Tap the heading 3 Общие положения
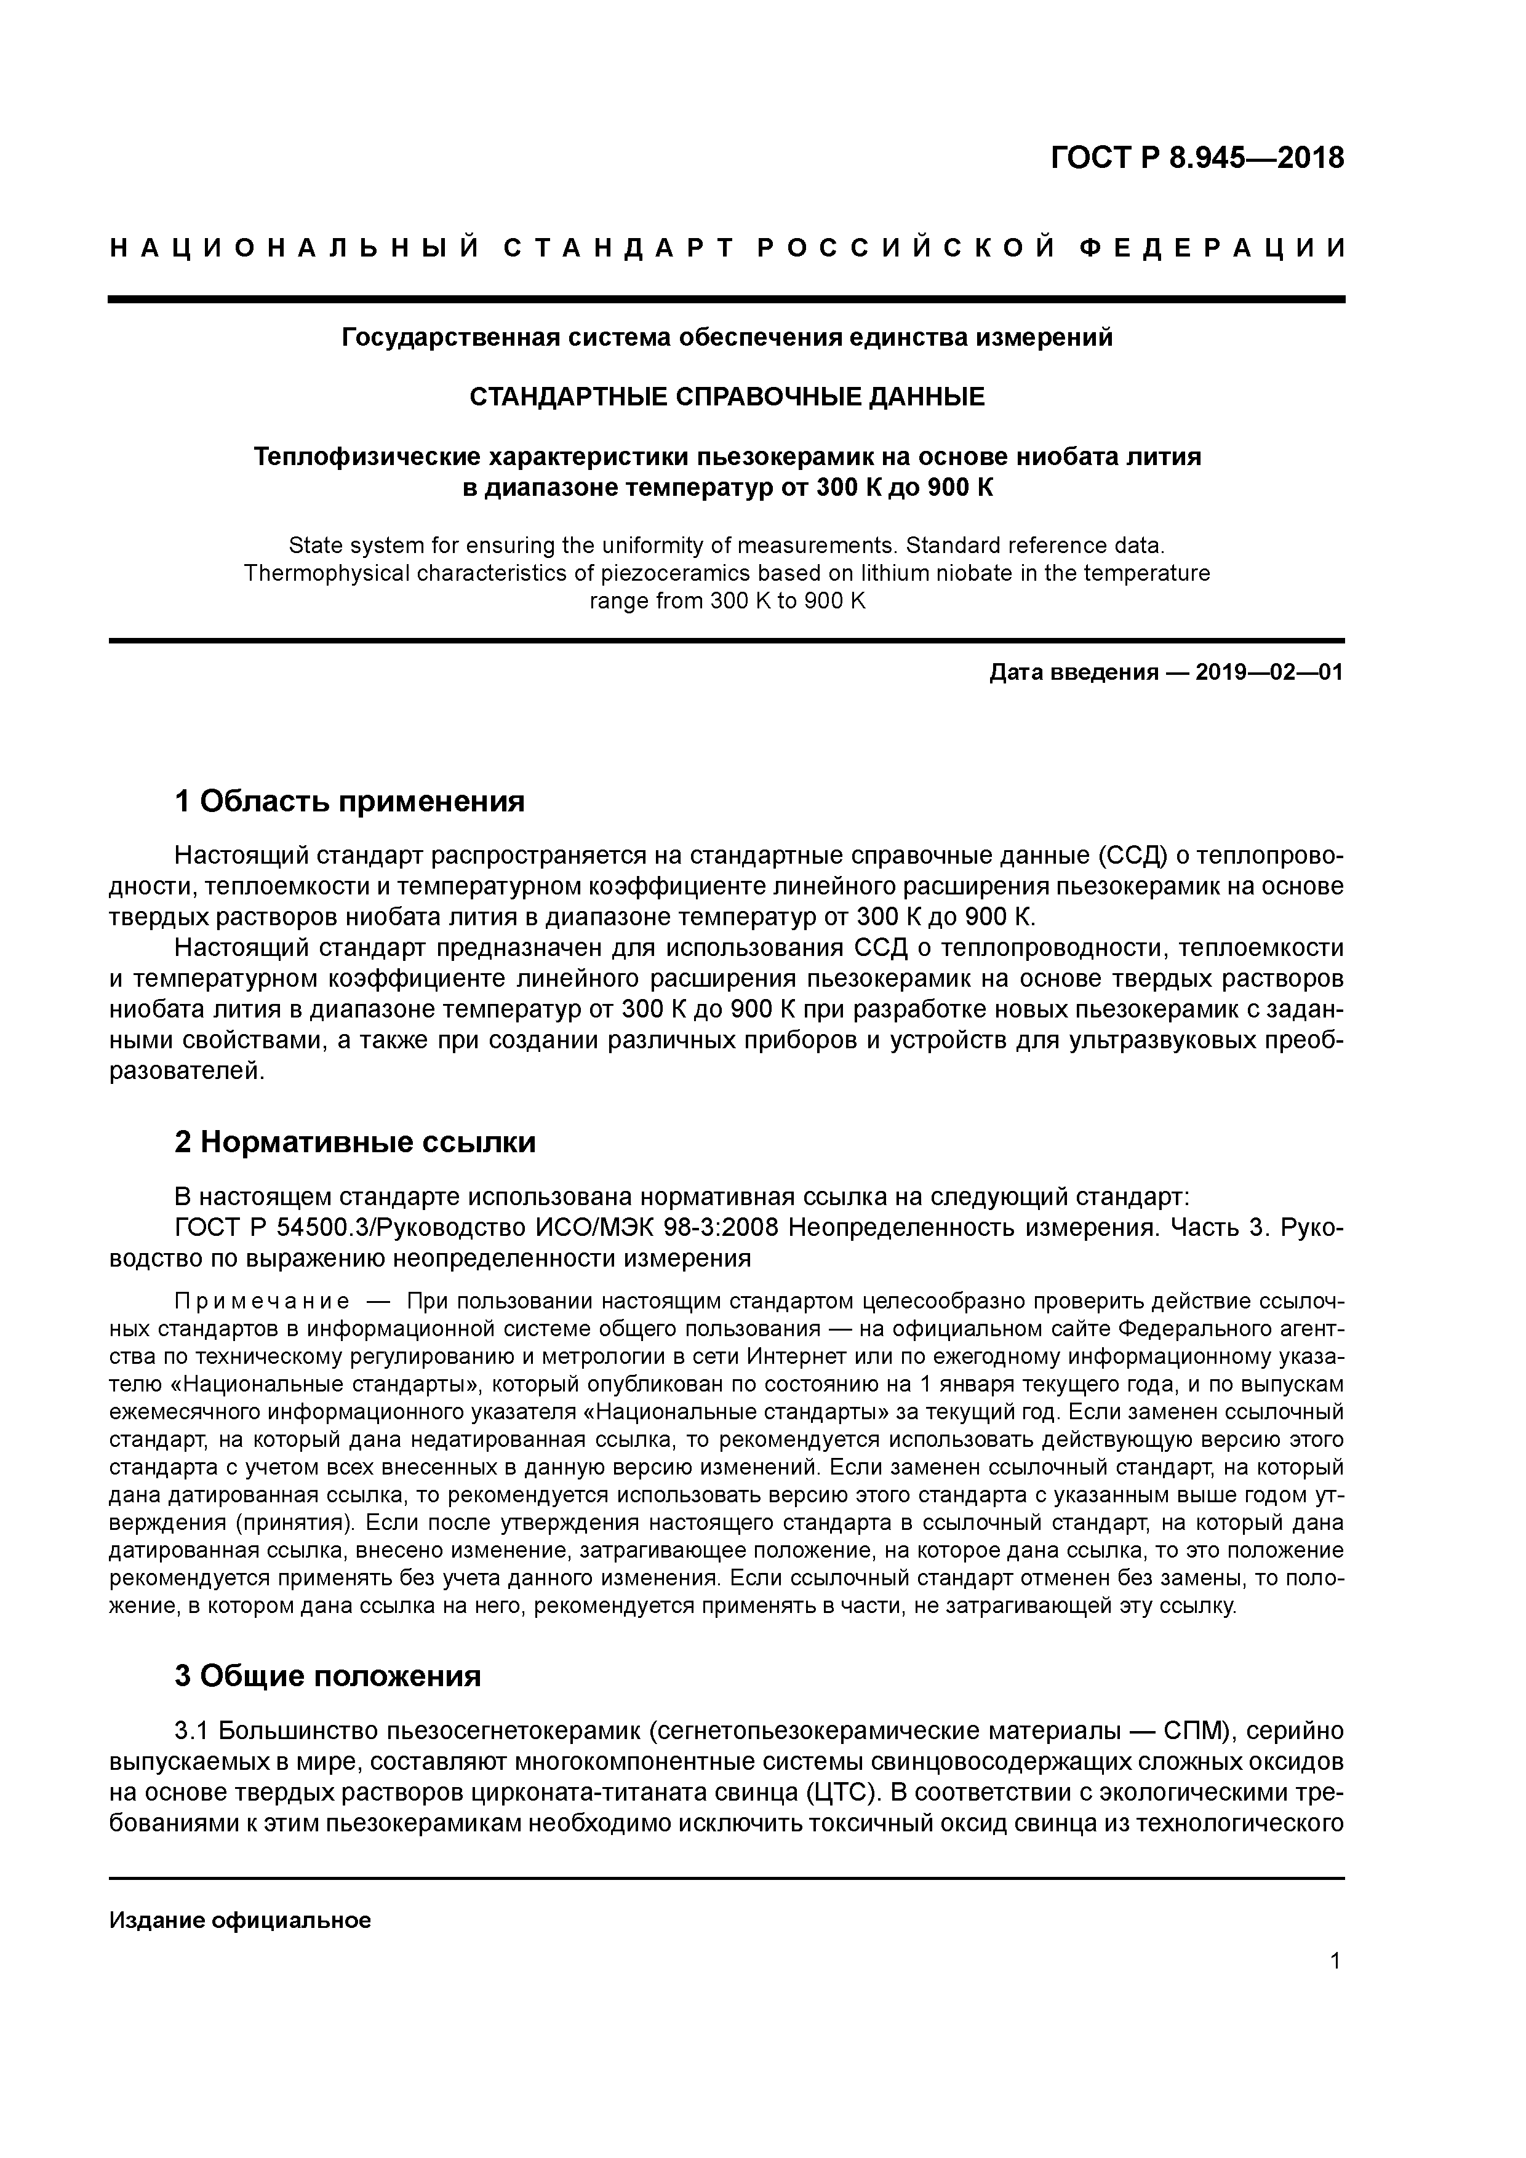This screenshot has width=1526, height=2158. (327, 1676)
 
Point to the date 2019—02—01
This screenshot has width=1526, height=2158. (1269, 673)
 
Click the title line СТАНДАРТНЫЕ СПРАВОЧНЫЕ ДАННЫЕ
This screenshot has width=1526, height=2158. (727, 397)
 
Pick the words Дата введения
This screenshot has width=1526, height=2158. (1074, 673)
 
